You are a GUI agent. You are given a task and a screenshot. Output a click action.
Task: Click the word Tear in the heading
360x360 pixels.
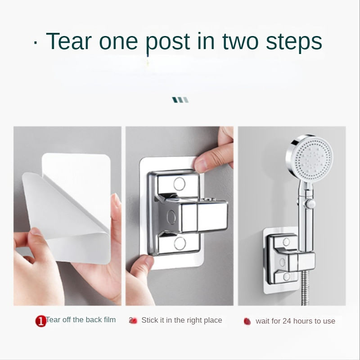(x=69, y=41)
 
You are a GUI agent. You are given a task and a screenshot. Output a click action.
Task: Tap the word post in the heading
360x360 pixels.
(x=168, y=44)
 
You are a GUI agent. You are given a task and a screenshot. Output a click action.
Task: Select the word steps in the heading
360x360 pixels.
(x=294, y=42)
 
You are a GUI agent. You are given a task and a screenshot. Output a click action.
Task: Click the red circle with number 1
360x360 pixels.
(x=40, y=321)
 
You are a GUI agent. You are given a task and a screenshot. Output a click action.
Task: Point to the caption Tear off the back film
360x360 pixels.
(x=81, y=319)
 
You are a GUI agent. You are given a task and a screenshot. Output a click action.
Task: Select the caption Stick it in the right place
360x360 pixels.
(x=182, y=320)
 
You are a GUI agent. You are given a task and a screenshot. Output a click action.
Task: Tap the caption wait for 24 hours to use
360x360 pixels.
(x=295, y=321)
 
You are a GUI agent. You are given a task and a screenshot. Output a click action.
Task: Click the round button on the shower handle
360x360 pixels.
(x=310, y=204)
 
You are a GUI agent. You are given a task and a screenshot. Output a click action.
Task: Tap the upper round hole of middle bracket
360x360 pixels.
(x=179, y=184)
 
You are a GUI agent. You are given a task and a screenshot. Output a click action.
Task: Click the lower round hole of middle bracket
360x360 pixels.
(x=180, y=243)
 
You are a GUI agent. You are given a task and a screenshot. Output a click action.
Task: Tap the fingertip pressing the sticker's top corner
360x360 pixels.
(x=200, y=165)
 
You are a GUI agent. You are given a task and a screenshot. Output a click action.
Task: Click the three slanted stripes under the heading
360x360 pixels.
(x=180, y=100)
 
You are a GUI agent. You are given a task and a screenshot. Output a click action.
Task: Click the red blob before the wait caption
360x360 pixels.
(x=247, y=321)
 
